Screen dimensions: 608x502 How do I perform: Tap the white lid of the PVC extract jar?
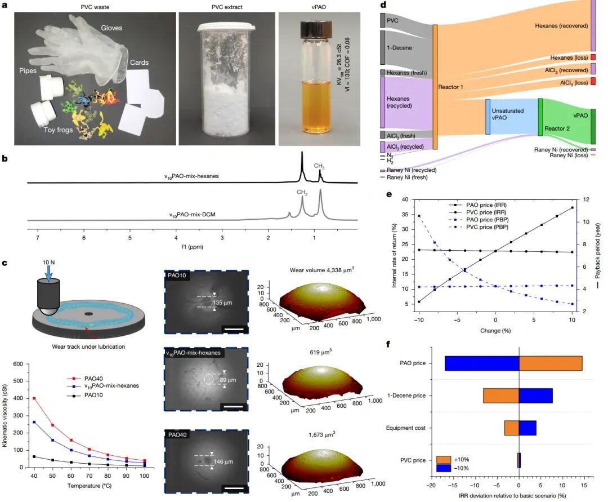[x=227, y=27]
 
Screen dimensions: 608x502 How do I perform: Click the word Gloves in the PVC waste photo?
[x=111, y=28]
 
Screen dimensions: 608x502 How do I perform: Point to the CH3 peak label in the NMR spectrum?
[x=319, y=166]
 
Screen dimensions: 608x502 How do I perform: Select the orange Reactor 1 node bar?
[x=435, y=87]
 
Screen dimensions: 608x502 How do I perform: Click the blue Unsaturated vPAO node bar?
[x=488, y=117]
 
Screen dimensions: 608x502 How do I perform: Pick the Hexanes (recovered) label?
[x=561, y=25]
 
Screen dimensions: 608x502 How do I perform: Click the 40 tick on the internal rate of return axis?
[x=405, y=199]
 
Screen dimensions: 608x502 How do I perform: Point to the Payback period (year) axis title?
[x=597, y=251]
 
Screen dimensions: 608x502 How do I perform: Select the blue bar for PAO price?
[x=482, y=363]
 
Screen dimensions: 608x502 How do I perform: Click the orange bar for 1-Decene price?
[x=501, y=396]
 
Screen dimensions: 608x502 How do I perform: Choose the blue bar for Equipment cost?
[x=527, y=428]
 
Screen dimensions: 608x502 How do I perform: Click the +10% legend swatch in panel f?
[x=443, y=460]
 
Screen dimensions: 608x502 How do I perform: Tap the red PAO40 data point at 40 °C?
[x=34, y=398]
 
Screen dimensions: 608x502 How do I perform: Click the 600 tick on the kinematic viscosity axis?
[x=18, y=364]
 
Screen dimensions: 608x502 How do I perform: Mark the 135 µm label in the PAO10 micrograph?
[x=222, y=303]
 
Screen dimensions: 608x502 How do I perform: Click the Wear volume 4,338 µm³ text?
[x=322, y=270]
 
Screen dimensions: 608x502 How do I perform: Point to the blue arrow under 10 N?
[x=48, y=273]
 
